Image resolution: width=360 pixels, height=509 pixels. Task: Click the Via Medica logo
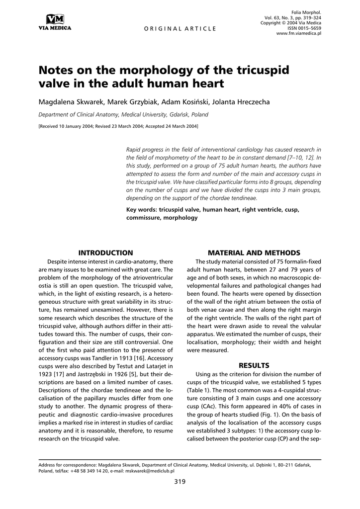tap(55, 22)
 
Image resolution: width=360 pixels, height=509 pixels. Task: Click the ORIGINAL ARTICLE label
tap(180, 28)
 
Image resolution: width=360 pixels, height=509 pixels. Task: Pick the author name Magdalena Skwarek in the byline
tap(68, 102)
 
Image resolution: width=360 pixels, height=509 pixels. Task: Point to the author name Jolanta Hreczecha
tap(242, 102)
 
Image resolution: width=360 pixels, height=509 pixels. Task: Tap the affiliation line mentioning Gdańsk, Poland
tap(123, 114)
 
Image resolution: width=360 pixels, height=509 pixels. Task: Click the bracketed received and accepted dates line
tap(118, 126)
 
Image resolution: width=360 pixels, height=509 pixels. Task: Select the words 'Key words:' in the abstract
tap(141, 210)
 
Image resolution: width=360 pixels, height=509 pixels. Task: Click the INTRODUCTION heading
tap(106, 253)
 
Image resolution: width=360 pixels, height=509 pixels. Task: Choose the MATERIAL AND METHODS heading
tap(254, 253)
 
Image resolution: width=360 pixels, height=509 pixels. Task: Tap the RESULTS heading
tap(254, 365)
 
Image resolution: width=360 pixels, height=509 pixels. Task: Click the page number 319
tap(180, 482)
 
